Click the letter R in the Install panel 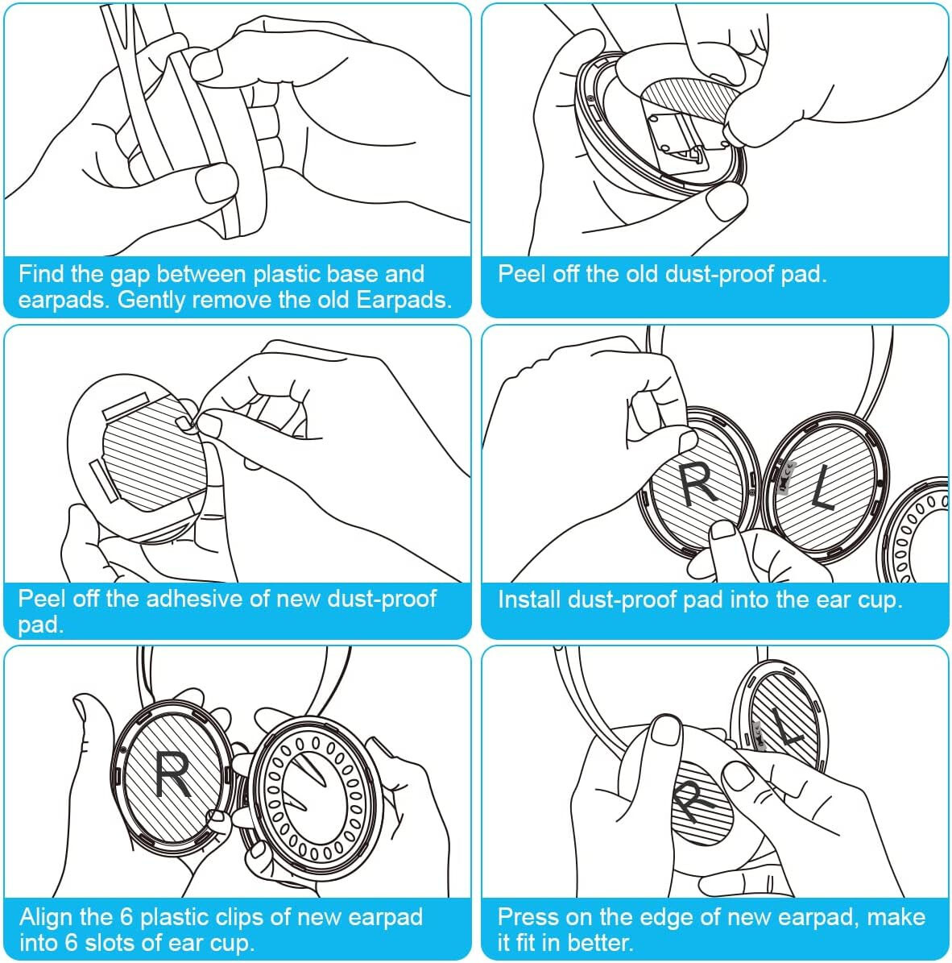click(x=697, y=484)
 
